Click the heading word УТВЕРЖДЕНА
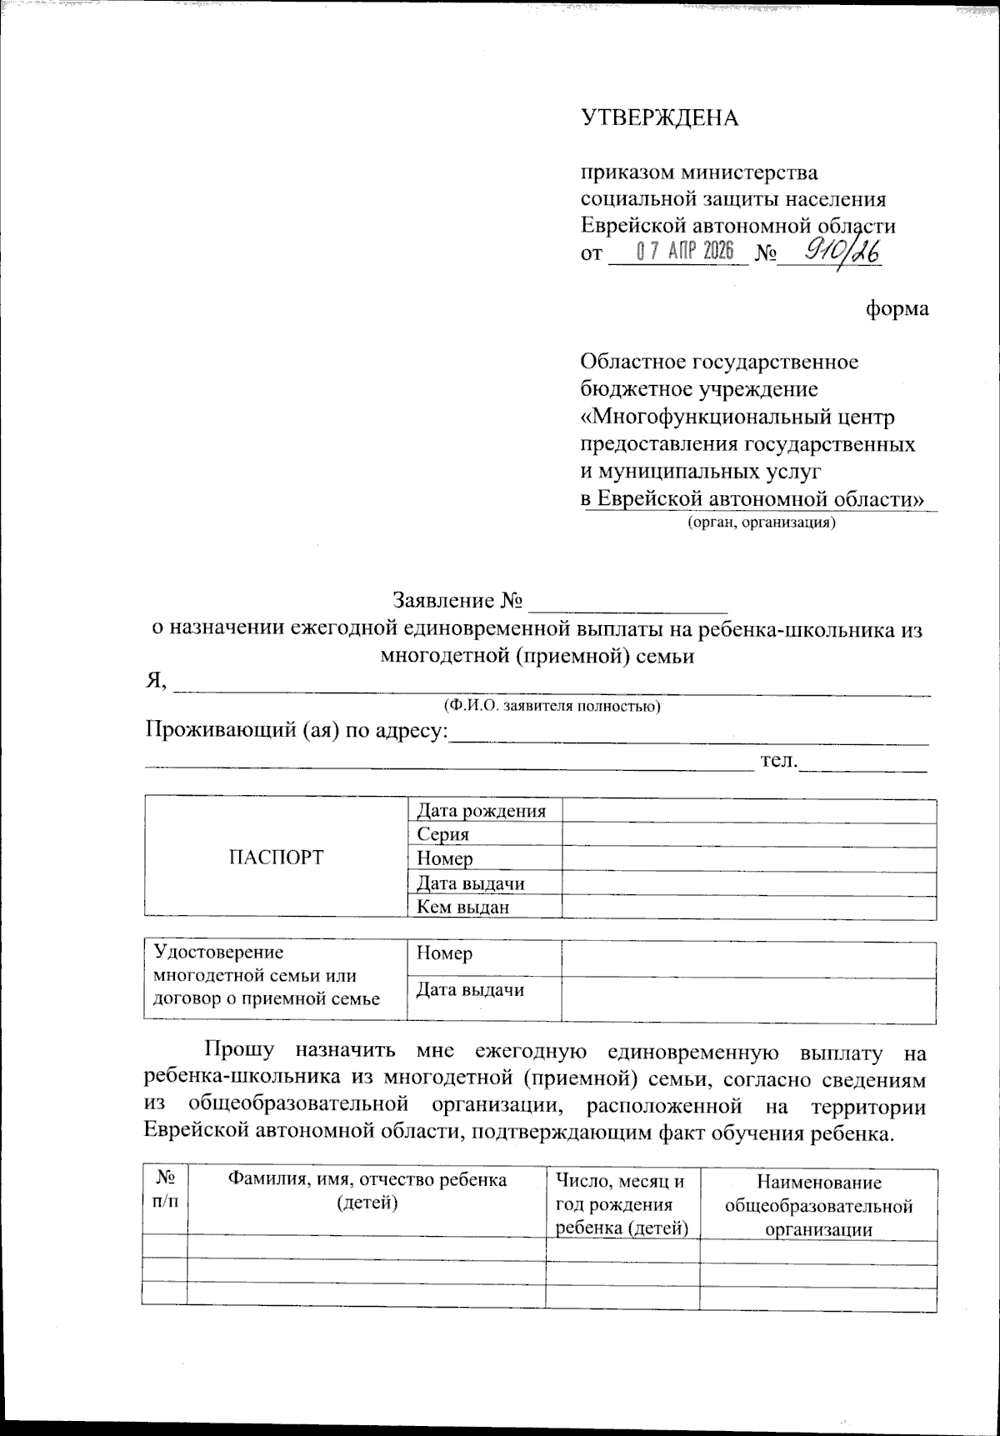tap(659, 118)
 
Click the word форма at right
tap(897, 309)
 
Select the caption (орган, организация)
tap(760, 523)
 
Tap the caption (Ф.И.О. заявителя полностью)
tap(552, 707)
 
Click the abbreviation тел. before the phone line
tap(779, 760)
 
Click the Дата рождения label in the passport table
tap(482, 811)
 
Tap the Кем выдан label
tap(462, 908)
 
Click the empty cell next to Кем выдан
tap(748, 908)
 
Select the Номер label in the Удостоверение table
tap(444, 953)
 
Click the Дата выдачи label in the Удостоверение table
tap(470, 990)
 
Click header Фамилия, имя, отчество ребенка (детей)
tap(367, 1192)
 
